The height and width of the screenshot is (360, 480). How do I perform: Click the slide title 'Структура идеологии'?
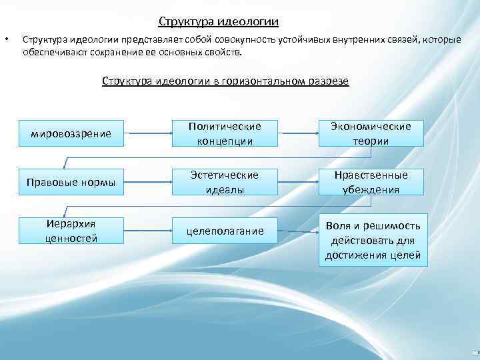[x=219, y=21]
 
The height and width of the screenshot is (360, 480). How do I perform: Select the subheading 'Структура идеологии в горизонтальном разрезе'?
[x=225, y=81]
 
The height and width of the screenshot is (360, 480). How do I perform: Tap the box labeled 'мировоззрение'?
[x=71, y=133]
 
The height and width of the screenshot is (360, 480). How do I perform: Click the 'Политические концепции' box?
[x=225, y=133]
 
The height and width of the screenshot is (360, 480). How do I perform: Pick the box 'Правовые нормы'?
[x=71, y=182]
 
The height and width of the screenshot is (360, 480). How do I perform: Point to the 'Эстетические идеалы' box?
[x=225, y=182]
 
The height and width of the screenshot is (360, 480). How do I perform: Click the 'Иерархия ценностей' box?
[x=71, y=231]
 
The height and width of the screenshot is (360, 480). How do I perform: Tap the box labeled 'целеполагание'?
[x=225, y=231]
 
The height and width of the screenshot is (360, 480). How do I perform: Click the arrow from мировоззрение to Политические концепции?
[x=149, y=133]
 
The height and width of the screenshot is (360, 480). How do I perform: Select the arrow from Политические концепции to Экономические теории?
[x=298, y=133]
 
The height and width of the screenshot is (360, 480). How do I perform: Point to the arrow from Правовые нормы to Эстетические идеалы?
[x=149, y=182]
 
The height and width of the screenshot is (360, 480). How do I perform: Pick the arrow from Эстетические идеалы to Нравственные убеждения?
[x=298, y=182]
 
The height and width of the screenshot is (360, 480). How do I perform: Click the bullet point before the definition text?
[x=7, y=39]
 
